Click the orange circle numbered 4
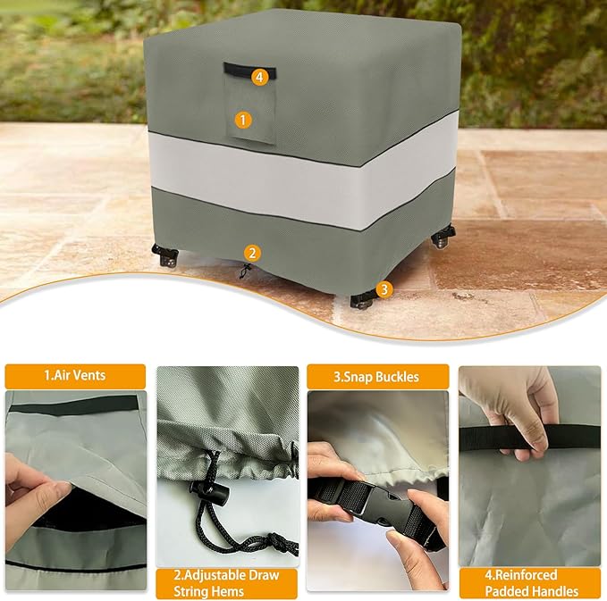click(x=259, y=77)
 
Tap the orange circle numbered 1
click(x=243, y=119)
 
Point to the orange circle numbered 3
click(x=384, y=288)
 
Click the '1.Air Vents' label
click(x=75, y=376)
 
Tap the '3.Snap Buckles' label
click(x=375, y=376)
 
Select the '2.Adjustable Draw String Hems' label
click(x=227, y=583)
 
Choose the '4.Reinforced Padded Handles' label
click(x=530, y=583)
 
